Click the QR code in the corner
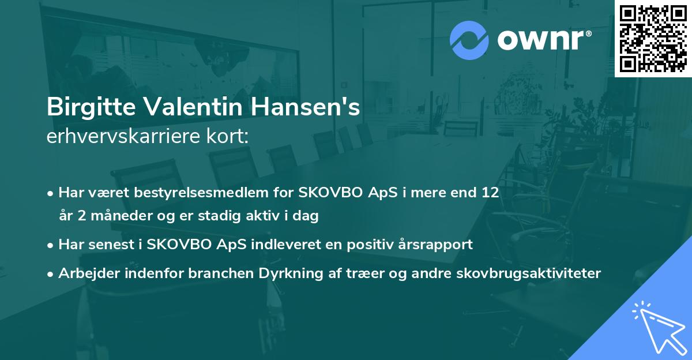(x=653, y=38)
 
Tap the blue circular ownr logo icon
(x=470, y=40)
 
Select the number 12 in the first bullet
(x=490, y=193)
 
